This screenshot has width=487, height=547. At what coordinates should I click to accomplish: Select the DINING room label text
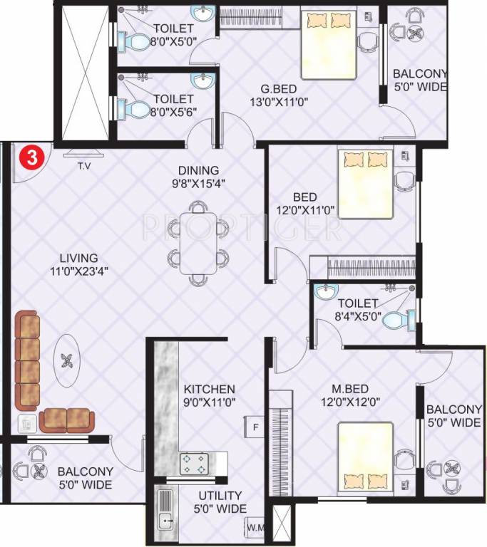coord(199,170)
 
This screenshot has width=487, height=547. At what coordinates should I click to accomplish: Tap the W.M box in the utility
coord(255,528)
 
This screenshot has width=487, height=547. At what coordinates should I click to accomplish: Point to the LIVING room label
coord(79,258)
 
